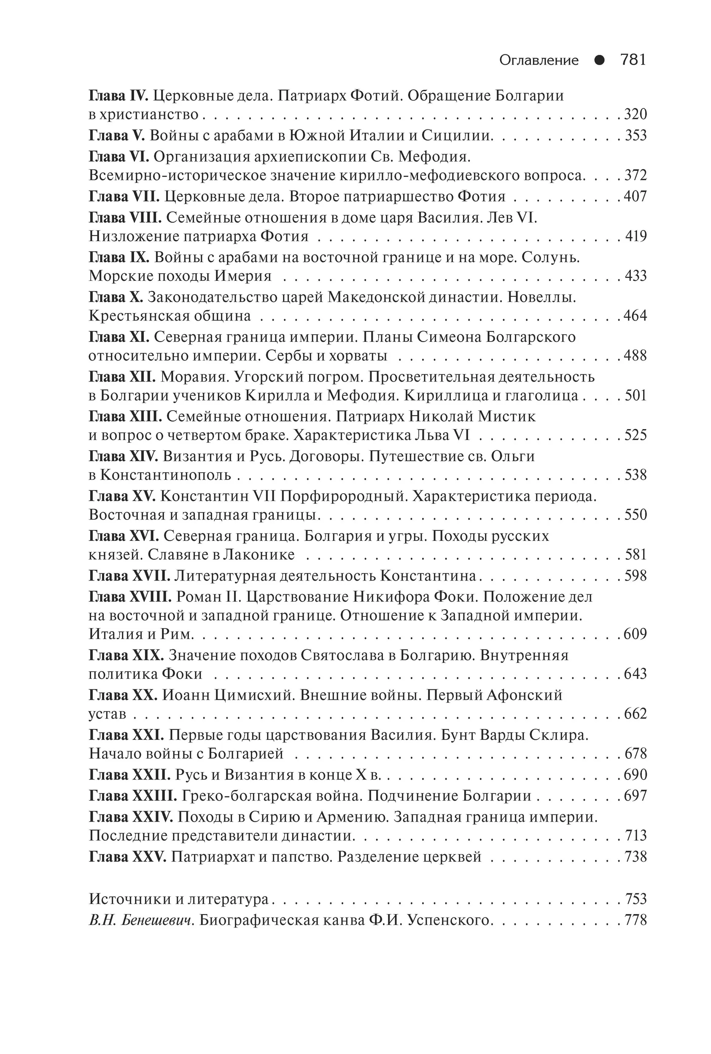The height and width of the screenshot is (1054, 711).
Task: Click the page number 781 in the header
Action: click(633, 60)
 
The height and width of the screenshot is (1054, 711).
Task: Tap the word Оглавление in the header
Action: click(539, 60)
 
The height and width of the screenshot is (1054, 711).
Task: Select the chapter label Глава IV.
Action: click(118, 96)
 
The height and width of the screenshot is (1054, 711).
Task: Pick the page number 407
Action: click(635, 197)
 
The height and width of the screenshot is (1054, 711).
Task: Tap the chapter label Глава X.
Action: click(116, 297)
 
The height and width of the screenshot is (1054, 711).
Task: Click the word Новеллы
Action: click(541, 297)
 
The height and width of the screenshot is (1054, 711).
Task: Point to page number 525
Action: click(635, 435)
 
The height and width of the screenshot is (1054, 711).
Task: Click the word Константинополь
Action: click(165, 475)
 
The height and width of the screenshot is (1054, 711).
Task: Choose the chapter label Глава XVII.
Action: click(129, 576)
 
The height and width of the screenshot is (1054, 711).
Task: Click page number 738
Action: click(635, 857)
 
